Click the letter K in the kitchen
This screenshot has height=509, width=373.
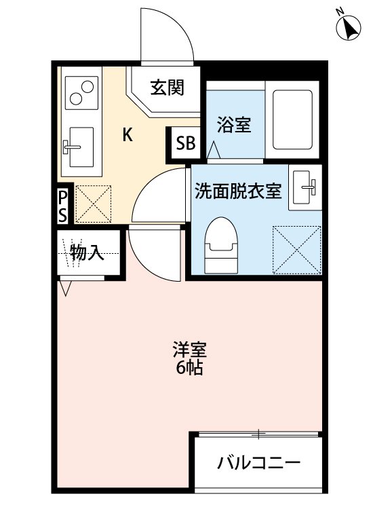coord(127,134)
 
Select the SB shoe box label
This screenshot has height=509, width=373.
coord(185,143)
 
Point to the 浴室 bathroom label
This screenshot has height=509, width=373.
coord(234,125)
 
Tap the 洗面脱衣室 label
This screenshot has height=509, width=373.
coord(237,191)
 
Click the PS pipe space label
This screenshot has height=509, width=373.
coord(62,206)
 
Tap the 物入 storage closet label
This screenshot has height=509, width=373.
coord(87,254)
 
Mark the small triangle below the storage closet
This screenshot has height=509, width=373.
coord(65,289)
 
